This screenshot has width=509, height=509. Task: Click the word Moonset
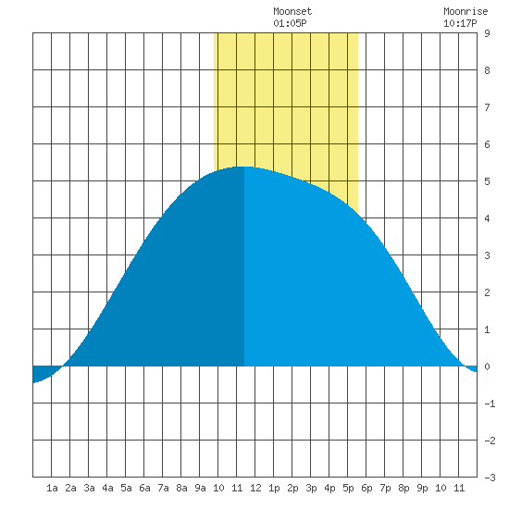tap(292, 11)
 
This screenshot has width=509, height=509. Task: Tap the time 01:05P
tap(290, 23)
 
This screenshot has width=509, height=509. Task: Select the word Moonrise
tap(466, 11)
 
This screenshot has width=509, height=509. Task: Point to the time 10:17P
tap(460, 23)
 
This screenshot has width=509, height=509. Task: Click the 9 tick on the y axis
tap(487, 33)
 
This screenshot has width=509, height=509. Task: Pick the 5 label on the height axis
tap(487, 181)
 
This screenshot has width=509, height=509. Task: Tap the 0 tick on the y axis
tap(487, 366)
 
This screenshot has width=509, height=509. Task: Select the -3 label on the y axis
tap(490, 478)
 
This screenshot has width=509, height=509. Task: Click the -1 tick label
tap(490, 403)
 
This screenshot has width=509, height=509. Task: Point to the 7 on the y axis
tap(487, 107)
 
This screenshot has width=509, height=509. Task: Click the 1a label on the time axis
tap(52, 488)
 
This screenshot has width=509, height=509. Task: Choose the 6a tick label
tap(144, 488)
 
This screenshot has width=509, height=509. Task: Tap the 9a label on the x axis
tap(200, 488)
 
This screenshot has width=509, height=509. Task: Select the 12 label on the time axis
tap(255, 488)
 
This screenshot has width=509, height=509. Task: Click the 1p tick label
tap(274, 488)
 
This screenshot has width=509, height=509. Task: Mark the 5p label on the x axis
tap(348, 488)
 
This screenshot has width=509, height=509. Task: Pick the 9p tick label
tap(422, 488)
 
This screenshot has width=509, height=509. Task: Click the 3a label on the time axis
tap(89, 488)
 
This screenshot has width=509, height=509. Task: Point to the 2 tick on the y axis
tap(487, 292)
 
